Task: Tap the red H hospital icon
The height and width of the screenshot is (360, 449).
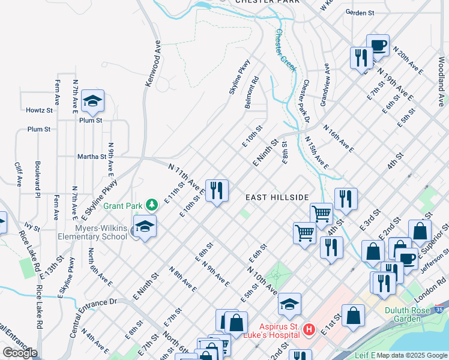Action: coord(309,329)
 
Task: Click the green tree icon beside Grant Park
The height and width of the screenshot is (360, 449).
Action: coord(152,205)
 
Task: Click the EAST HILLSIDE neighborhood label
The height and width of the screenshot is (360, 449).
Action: coord(277,197)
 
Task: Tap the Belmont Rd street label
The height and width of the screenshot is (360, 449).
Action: coord(252,92)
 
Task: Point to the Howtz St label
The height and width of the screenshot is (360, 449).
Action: coord(39,110)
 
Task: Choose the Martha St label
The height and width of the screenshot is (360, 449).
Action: coord(91,157)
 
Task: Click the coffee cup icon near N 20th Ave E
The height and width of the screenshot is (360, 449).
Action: coord(378,45)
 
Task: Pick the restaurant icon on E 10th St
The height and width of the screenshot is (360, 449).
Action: coord(217,191)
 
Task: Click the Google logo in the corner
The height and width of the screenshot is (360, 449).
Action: coord(19,353)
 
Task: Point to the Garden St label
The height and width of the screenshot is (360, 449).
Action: coord(360,12)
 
